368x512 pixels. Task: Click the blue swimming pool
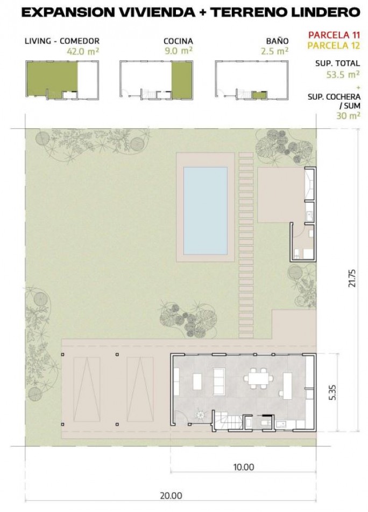click(x=206, y=211)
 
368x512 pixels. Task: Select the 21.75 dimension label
click(x=352, y=278)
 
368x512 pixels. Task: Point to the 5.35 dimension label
click(x=332, y=392)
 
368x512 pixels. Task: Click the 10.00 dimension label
click(x=244, y=467)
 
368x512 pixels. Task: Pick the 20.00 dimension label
click(x=171, y=495)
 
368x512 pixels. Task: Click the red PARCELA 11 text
click(x=334, y=35)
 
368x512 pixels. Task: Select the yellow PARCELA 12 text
click(x=334, y=45)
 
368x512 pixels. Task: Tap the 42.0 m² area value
click(x=83, y=51)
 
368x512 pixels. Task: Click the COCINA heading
click(x=178, y=41)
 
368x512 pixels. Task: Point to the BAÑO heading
click(x=278, y=40)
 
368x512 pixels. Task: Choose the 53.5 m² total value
click(x=343, y=74)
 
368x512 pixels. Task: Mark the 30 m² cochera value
click(x=348, y=115)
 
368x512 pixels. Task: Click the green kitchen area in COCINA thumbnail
click(x=182, y=80)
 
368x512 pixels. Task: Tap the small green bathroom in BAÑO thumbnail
click(x=260, y=95)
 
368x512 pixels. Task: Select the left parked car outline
click(x=87, y=389)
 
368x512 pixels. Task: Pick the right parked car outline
click(x=140, y=389)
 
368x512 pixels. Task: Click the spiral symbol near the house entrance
click(x=200, y=416)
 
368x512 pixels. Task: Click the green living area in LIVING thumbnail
click(x=52, y=77)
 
